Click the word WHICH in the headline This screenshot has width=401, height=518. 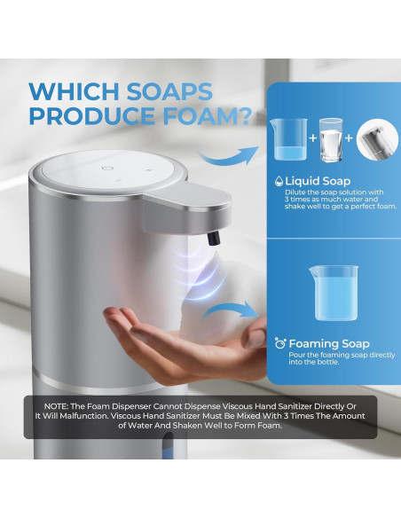75,92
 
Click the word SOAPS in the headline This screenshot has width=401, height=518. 169,92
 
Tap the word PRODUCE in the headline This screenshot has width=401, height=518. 92,115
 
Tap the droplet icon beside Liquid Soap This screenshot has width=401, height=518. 279,181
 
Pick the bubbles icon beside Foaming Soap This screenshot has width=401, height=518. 280,343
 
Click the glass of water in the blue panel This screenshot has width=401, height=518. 331,140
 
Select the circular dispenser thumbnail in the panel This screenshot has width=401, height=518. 377,139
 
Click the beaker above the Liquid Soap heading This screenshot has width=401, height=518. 288,139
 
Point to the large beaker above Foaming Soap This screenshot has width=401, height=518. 334,293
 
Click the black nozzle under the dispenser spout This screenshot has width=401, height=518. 214,239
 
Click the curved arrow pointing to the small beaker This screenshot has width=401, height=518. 229,156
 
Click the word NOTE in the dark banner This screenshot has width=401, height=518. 56,406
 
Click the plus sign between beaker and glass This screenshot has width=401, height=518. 313,137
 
